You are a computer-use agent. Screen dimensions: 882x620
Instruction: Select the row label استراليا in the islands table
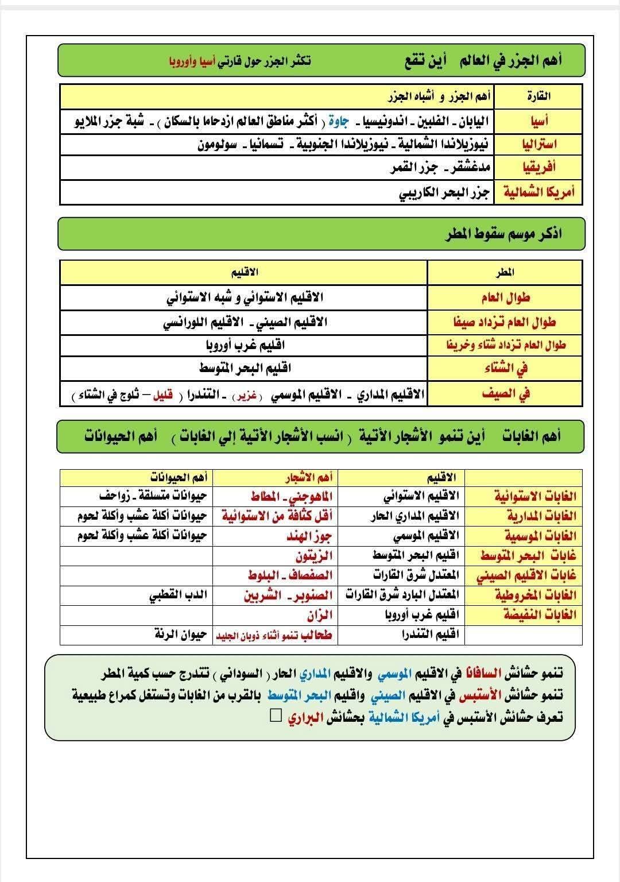coord(538,144)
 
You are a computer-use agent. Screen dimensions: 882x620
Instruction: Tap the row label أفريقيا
coord(538,167)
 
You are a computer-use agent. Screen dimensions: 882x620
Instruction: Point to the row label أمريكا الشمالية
coord(538,192)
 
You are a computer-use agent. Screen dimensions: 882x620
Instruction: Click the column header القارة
coord(538,95)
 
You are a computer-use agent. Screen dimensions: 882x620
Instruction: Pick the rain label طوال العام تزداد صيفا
coord(505,322)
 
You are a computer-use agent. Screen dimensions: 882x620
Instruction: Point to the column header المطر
coord(505,272)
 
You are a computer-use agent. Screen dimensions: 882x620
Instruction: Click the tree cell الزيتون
coord(314,556)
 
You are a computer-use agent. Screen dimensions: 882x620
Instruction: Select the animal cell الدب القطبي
coord(177,595)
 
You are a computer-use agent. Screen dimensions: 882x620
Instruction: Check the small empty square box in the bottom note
coord(276,715)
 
